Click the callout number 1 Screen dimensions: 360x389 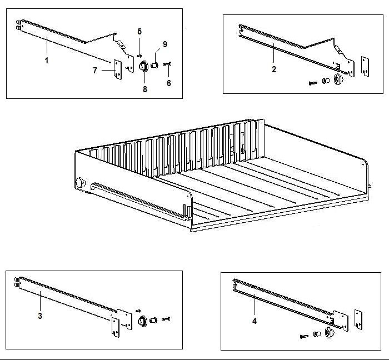click(x=46, y=61)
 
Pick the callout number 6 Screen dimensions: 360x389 click(x=168, y=83)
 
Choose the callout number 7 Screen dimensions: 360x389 click(x=95, y=71)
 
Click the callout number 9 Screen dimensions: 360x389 click(x=164, y=44)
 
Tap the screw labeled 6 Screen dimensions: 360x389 click(x=168, y=66)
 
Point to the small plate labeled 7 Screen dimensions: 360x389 click(x=117, y=69)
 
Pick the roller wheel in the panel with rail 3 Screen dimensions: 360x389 click(x=142, y=321)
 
